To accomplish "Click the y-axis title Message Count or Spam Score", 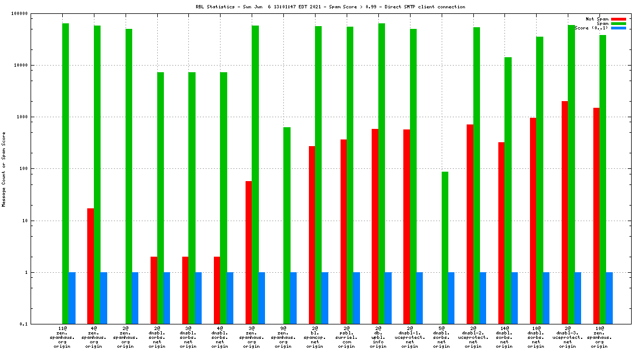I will click(x=4, y=169).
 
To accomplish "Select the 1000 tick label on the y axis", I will click(x=38, y=117).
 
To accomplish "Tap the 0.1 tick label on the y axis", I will click(x=40, y=324).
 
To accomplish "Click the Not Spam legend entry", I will click(x=598, y=19).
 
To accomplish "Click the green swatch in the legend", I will click(x=618, y=23).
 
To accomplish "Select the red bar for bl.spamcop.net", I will click(x=312, y=235).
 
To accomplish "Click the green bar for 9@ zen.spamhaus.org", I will click(x=287, y=226).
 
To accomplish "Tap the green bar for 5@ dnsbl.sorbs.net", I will click(x=445, y=248).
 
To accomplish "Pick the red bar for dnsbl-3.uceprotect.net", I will click(x=564, y=212).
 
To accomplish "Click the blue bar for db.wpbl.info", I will click(x=388, y=298).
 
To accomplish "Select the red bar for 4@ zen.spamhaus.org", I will click(x=91, y=266).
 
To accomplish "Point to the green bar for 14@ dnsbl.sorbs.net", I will click(x=508, y=191).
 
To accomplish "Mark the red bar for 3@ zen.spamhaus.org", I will click(x=248, y=252).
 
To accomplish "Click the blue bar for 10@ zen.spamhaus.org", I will click(x=609, y=298).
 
